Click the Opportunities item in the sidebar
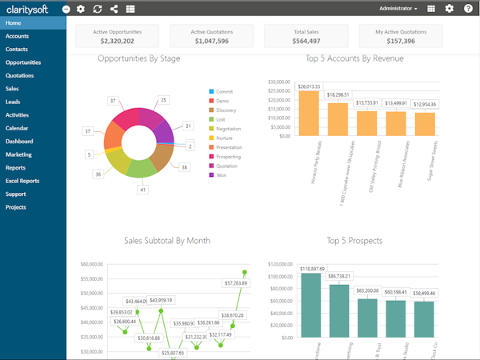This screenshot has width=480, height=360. click(x=23, y=62)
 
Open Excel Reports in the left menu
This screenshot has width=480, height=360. click(x=23, y=181)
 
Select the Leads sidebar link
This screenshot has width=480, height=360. click(x=13, y=102)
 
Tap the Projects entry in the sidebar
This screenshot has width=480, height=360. click(x=17, y=207)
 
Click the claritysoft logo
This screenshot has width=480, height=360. click(x=29, y=8)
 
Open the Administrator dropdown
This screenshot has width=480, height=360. click(x=397, y=8)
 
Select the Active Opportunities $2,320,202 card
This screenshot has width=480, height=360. click(x=117, y=35)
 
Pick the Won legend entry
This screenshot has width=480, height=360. click(x=222, y=174)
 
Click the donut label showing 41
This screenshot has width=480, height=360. click(x=143, y=190)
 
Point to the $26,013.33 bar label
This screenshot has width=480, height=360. click(x=308, y=86)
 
